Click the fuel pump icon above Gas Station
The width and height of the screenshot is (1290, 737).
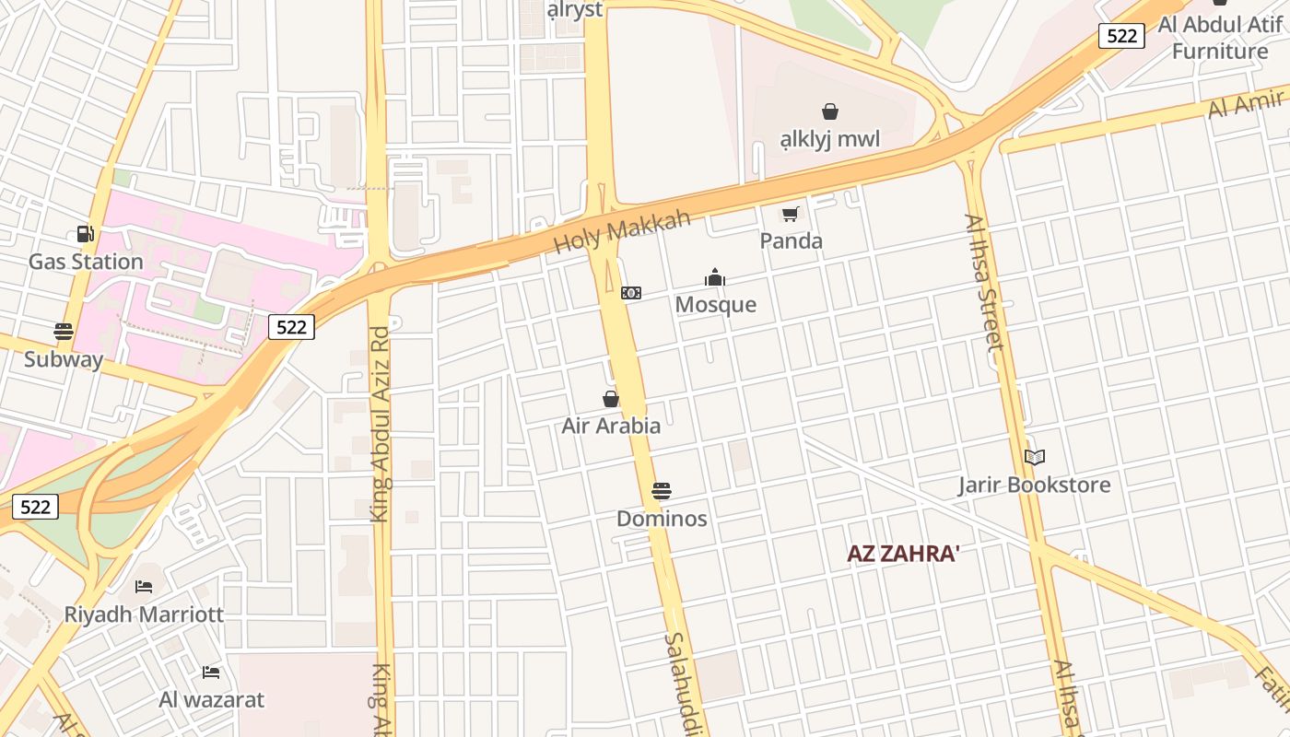[85, 234]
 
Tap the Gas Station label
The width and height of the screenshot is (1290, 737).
[86, 262]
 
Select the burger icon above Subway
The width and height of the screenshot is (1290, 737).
[64, 332]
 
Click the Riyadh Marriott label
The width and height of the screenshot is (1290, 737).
[144, 614]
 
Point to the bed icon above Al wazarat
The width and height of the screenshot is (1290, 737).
[211, 672]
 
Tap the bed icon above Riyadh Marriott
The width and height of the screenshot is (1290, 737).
[144, 586]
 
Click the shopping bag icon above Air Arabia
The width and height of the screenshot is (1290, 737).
[610, 399]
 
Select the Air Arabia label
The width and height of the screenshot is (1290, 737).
[611, 426]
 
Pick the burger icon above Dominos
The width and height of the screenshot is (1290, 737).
[662, 491]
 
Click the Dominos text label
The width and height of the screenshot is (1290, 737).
[662, 519]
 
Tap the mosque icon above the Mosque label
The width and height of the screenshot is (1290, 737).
[715, 277]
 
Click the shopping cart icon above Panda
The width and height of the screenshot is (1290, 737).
[790, 215]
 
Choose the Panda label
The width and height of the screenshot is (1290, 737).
[791, 241]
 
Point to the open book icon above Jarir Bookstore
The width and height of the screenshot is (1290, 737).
[1035, 457]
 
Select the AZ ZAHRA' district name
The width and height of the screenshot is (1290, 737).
[904, 554]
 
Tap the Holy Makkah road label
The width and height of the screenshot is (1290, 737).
[623, 232]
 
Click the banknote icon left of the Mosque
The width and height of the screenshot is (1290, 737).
[631, 293]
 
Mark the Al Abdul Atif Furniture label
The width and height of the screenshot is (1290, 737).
[1220, 38]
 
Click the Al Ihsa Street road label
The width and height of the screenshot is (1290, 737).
[983, 282]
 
